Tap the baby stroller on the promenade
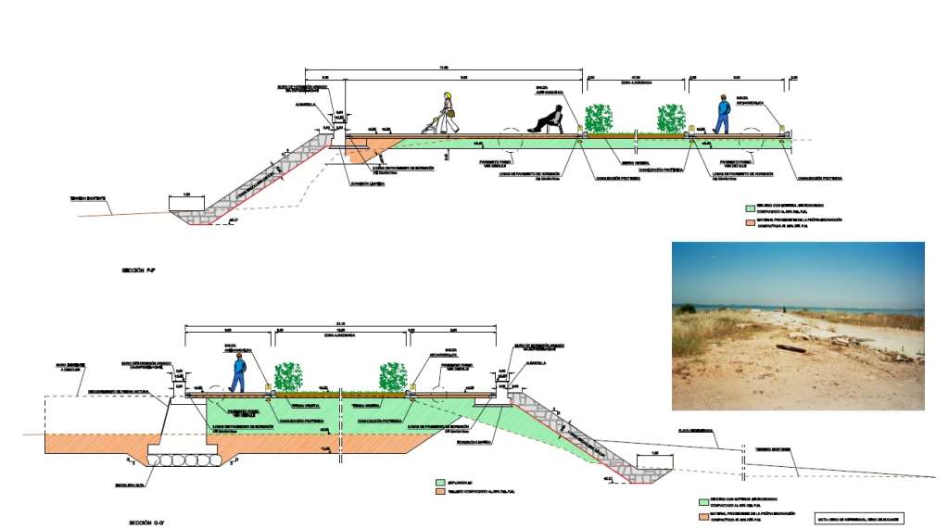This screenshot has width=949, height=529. [429, 125]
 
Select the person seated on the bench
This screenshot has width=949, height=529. [548, 120]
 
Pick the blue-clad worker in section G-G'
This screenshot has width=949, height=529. [238, 372]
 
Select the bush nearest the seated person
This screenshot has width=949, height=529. [599, 119]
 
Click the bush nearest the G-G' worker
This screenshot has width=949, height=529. [289, 376]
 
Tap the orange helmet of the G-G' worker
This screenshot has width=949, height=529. [238, 357]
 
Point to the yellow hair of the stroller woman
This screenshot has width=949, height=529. [449, 95]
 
